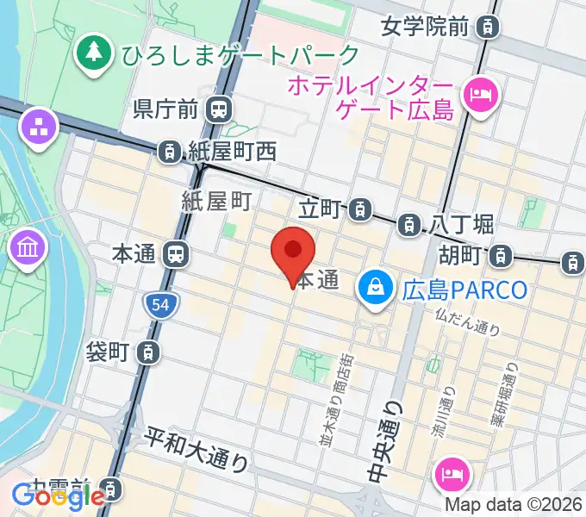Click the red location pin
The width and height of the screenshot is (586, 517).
(x=293, y=251)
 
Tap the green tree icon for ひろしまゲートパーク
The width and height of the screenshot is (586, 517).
(x=92, y=53)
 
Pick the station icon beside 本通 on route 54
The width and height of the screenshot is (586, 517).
(x=176, y=254)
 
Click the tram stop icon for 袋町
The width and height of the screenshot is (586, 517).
(x=149, y=352)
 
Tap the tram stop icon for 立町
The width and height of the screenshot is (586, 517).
(x=362, y=208)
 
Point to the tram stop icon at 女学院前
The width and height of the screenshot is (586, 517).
(x=489, y=27)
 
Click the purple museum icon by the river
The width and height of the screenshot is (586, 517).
(x=26, y=250)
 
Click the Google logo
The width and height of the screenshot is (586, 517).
(x=58, y=495)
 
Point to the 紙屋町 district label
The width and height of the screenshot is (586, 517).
(x=216, y=202)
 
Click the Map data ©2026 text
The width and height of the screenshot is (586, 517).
(x=514, y=504)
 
